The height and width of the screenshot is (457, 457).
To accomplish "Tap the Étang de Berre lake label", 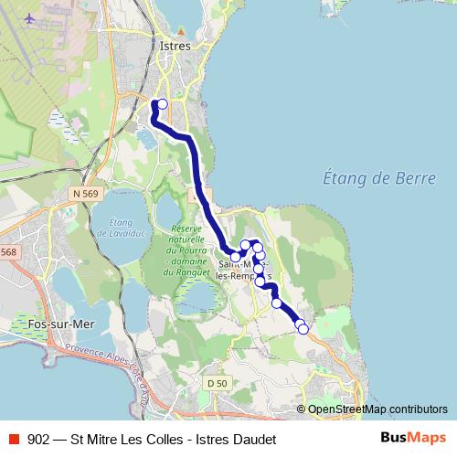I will coord(379,178).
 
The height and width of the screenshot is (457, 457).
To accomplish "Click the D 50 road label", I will coord(216,382).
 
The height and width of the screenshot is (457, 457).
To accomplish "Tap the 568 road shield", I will coord(8,252).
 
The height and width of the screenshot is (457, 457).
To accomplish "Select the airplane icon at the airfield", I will coord(31,18).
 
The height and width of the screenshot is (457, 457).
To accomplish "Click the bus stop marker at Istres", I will coord(163,104).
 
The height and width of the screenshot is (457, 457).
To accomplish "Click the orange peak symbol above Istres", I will coord(181,28).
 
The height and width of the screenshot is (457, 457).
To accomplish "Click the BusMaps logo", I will coord(414,439).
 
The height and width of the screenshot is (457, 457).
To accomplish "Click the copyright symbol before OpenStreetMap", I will coord(302,409).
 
